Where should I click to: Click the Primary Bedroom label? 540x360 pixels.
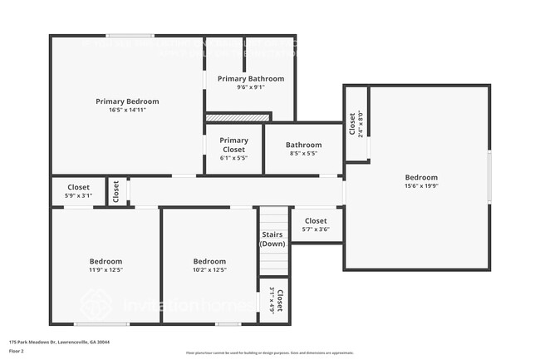(x=127, y=101)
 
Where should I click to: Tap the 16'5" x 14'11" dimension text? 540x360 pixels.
(x=127, y=110)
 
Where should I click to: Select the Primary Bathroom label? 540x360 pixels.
(x=251, y=79)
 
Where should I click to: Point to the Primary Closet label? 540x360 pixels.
(x=234, y=145)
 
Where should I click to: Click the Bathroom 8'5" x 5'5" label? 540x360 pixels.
(x=304, y=145)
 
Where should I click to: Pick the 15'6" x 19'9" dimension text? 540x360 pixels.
(x=421, y=186)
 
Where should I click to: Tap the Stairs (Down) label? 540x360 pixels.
(x=272, y=239)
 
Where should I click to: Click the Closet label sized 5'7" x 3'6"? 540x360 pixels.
(x=316, y=221)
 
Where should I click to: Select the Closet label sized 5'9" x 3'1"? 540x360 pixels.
(x=79, y=187)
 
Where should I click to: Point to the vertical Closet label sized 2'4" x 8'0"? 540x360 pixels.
(x=352, y=124)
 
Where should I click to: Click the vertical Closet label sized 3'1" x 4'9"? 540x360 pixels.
(x=279, y=300)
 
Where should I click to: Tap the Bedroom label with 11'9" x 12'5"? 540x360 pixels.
(x=106, y=261)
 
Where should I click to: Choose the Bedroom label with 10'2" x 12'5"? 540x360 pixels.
(x=209, y=261)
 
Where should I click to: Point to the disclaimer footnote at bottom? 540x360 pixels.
(x=268, y=353)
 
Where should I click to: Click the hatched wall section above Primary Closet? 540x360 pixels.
(x=238, y=118)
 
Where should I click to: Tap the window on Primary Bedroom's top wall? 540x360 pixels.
(x=129, y=35)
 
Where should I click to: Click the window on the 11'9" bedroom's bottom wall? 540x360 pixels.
(x=101, y=323)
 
